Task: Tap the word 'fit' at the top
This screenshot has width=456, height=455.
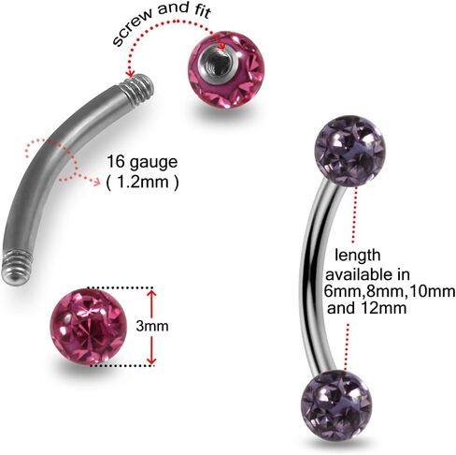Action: (x=202, y=11)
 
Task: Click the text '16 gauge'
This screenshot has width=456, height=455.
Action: (x=142, y=162)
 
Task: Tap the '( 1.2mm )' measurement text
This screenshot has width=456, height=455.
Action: (x=143, y=182)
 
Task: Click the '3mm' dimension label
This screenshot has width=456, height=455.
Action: (x=152, y=326)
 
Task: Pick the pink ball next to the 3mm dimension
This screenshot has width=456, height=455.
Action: (x=88, y=327)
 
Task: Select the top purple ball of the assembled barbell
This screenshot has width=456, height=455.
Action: (x=350, y=151)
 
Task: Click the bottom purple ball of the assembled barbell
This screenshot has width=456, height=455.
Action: (x=336, y=404)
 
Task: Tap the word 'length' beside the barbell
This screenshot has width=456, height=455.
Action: (x=358, y=256)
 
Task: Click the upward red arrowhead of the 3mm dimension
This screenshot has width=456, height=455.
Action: (x=151, y=294)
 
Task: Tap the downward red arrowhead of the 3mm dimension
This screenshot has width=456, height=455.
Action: (x=151, y=360)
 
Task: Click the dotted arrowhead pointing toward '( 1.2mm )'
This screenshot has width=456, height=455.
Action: (x=96, y=181)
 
